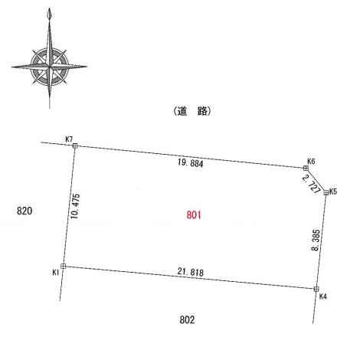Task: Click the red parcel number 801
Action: [194, 214]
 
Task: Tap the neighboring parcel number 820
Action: [25, 211]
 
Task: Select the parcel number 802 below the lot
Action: [187, 319]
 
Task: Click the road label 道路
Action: [192, 111]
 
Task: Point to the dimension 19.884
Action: [191, 162]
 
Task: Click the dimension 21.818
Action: [191, 272]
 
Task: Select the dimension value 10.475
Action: [75, 206]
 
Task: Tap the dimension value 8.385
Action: [316, 240]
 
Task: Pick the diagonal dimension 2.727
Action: [311, 184]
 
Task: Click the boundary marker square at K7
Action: [75, 146]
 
